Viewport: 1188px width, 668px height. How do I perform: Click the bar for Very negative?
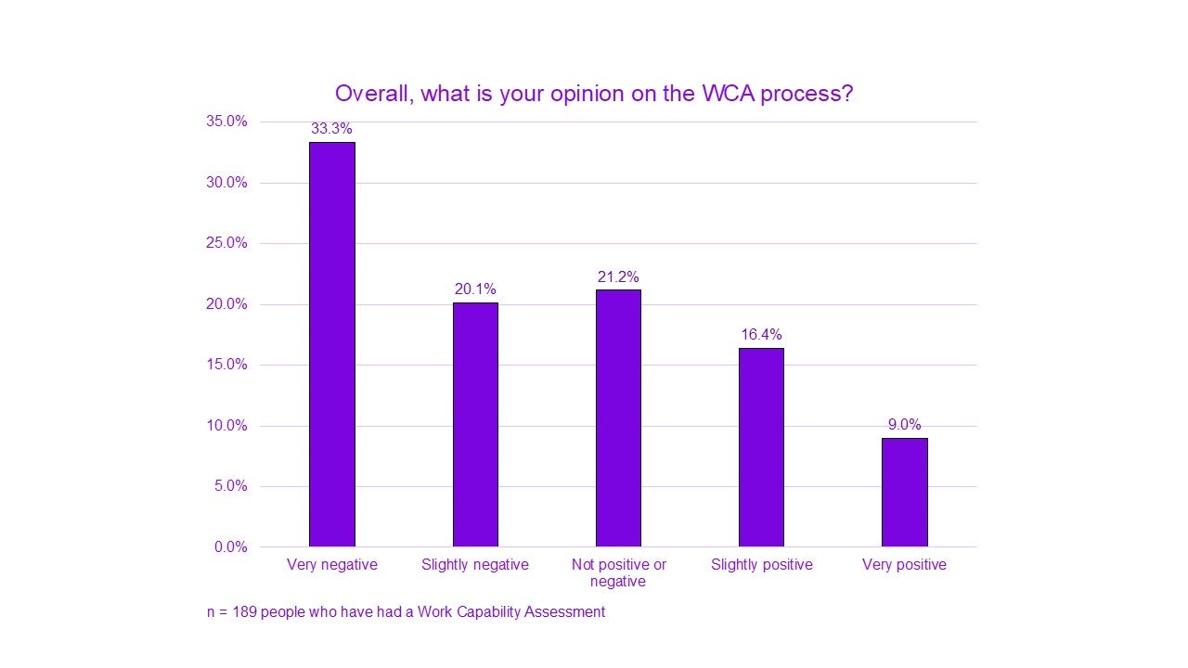pyautogui.click(x=331, y=344)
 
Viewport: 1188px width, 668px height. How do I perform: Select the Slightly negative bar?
pyautogui.click(x=475, y=424)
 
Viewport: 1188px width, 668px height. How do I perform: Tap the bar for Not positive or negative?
pyautogui.click(x=618, y=417)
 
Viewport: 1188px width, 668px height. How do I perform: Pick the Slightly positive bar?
pyautogui.click(x=761, y=447)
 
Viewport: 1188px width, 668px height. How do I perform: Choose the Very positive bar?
pyautogui.click(x=904, y=492)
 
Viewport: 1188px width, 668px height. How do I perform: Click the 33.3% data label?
pyautogui.click(x=331, y=129)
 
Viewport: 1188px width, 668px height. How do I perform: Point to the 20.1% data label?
pyautogui.click(x=475, y=289)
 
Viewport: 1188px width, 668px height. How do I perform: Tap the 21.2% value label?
pyautogui.click(x=618, y=276)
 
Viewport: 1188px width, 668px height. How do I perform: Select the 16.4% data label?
pyautogui.click(x=761, y=335)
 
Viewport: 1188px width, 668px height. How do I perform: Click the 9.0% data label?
pyautogui.click(x=904, y=425)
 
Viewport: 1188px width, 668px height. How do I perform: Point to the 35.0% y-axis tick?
pyautogui.click(x=226, y=122)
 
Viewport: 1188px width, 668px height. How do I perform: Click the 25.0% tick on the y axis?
pyautogui.click(x=226, y=243)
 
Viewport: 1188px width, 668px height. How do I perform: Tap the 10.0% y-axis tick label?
pyautogui.click(x=226, y=426)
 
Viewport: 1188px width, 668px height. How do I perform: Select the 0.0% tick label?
pyautogui.click(x=230, y=547)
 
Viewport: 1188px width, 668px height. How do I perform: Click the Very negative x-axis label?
pyautogui.click(x=331, y=565)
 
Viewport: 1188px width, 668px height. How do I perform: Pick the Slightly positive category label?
pyautogui.click(x=761, y=565)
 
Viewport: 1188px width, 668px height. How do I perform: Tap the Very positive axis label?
pyautogui.click(x=904, y=565)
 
